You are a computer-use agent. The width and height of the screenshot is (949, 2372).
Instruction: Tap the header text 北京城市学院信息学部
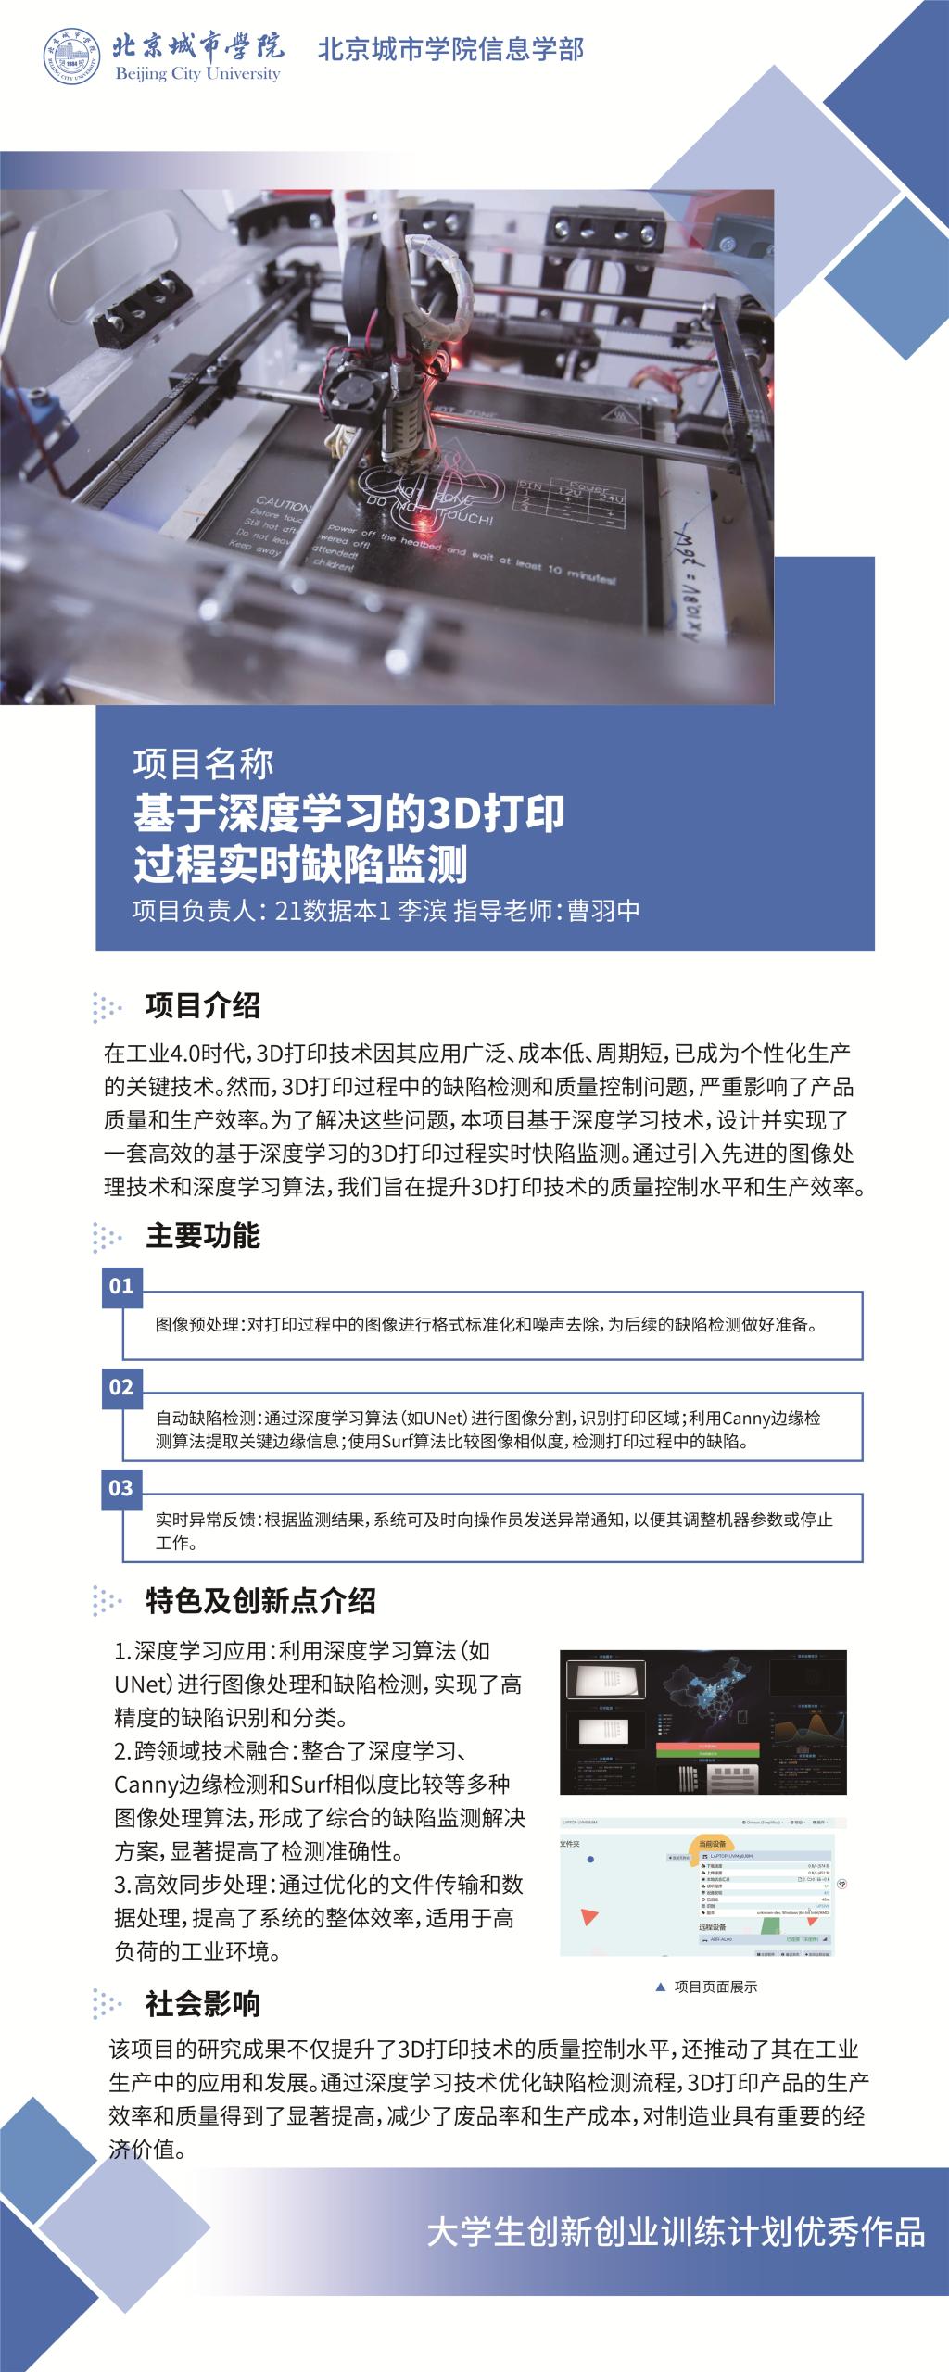pyautogui.click(x=450, y=49)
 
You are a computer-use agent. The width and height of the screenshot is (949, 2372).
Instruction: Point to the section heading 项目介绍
pyautogui.click(x=202, y=1005)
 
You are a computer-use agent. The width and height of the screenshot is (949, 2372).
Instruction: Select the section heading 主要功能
pyautogui.click(x=202, y=1235)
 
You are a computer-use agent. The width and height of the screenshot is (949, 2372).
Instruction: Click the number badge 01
pyautogui.click(x=121, y=1286)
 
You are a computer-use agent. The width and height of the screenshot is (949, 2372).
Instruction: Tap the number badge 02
pyautogui.click(x=121, y=1387)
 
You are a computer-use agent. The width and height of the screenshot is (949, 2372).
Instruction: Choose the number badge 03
pyautogui.click(x=121, y=1488)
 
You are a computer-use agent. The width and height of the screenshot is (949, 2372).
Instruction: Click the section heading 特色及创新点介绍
pyautogui.click(x=260, y=1601)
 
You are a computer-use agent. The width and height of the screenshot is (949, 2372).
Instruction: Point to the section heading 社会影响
pyautogui.click(x=202, y=2004)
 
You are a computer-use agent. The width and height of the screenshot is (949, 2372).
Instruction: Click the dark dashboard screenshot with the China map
pyautogui.click(x=702, y=1722)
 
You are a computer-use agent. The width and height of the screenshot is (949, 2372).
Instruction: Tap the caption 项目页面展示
pyautogui.click(x=715, y=1987)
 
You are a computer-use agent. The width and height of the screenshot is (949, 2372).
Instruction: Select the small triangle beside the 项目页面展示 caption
pyautogui.click(x=660, y=1987)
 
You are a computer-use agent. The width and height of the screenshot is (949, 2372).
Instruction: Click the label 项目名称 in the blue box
pyautogui.click(x=203, y=763)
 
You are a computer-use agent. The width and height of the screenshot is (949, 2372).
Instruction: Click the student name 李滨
pyautogui.click(x=422, y=911)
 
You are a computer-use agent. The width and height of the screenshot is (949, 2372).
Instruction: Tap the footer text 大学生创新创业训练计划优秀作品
pyautogui.click(x=676, y=2232)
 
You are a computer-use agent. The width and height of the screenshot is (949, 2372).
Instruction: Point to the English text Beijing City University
pyautogui.click(x=197, y=74)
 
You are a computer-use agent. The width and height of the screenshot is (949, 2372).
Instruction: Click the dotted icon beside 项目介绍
pyautogui.click(x=108, y=1007)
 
